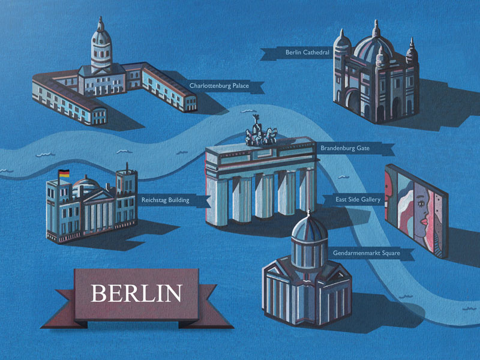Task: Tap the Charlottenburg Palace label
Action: tap(218, 86)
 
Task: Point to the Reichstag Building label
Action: tap(165, 200)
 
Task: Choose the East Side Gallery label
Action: tap(358, 200)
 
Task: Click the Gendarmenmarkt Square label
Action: tap(365, 253)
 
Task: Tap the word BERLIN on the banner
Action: tap(136, 293)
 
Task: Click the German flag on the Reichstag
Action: tap(64, 173)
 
